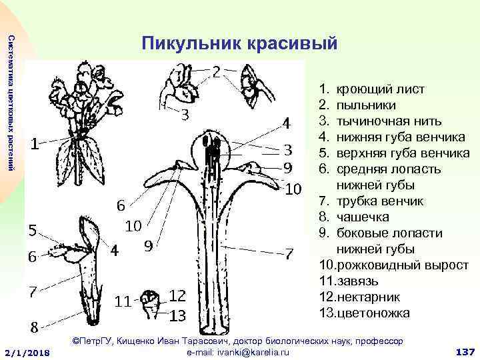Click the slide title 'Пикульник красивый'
coord(240,45)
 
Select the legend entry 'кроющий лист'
coord(380,89)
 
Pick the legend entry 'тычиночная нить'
coord(389,121)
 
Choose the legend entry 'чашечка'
coord(363,217)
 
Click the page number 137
coord(463,351)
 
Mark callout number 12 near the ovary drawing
coord(177,295)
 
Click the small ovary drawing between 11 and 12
coord(151,303)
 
